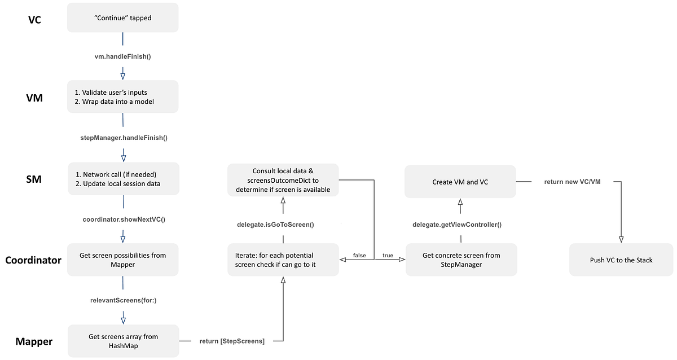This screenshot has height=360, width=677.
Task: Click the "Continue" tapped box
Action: point(123,17)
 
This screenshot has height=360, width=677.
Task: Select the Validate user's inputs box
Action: point(123,96)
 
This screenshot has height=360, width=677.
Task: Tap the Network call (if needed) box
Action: point(123,179)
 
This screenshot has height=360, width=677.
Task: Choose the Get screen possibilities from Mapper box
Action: point(123,260)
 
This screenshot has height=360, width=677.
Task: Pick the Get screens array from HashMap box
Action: point(123,341)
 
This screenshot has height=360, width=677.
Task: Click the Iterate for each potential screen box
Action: point(283,260)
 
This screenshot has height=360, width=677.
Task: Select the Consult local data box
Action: point(283,180)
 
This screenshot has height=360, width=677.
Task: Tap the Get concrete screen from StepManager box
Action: point(461,260)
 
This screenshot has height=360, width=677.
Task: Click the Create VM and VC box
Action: point(460,181)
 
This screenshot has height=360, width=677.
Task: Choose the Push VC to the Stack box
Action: point(621,260)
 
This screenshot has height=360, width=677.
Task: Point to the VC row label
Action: point(35,20)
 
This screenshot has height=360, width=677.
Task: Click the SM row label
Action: point(34,179)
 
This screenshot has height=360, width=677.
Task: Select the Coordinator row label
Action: point(33,260)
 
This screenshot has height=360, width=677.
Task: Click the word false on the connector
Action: point(359,256)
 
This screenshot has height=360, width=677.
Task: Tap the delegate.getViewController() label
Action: point(457,225)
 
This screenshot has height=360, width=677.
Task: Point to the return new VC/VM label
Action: point(572,182)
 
